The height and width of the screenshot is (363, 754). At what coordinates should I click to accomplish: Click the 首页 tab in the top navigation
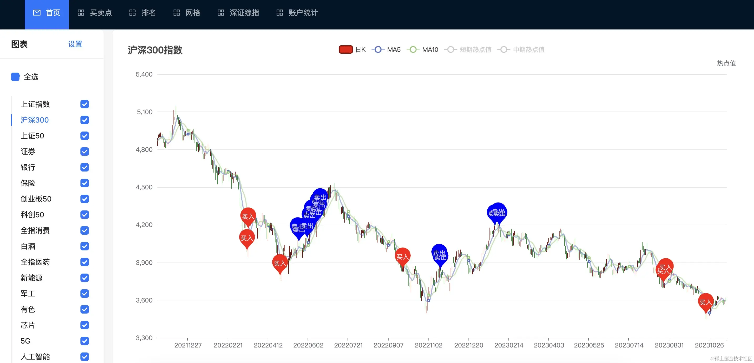[47, 13]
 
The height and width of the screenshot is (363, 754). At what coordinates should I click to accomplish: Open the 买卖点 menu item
[95, 13]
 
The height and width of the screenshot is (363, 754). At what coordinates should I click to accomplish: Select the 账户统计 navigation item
[297, 13]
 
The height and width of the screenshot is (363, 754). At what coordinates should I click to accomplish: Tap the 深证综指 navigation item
[238, 13]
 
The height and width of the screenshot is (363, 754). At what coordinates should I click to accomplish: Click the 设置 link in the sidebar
[75, 44]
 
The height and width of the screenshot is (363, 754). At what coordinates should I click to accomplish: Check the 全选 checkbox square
[15, 77]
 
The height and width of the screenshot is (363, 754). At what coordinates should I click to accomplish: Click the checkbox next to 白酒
[85, 246]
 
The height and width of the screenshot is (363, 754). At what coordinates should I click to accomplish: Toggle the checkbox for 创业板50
[85, 199]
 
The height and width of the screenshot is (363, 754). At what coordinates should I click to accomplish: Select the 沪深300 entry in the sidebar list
[34, 120]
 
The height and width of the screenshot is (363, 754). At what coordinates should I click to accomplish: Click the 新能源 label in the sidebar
[31, 278]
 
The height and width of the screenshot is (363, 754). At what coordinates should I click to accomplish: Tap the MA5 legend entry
[386, 49]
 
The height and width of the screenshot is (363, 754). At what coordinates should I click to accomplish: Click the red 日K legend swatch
[345, 49]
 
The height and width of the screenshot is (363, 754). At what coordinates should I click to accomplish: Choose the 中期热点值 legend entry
[521, 49]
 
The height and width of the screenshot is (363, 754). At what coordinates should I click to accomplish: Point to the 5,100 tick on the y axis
[145, 112]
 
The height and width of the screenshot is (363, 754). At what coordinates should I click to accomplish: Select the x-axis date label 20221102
[429, 345]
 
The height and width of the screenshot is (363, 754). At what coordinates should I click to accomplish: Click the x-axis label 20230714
[629, 345]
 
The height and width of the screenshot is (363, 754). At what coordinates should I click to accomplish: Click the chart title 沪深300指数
[155, 50]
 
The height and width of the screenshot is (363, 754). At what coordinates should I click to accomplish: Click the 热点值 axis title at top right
[726, 63]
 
